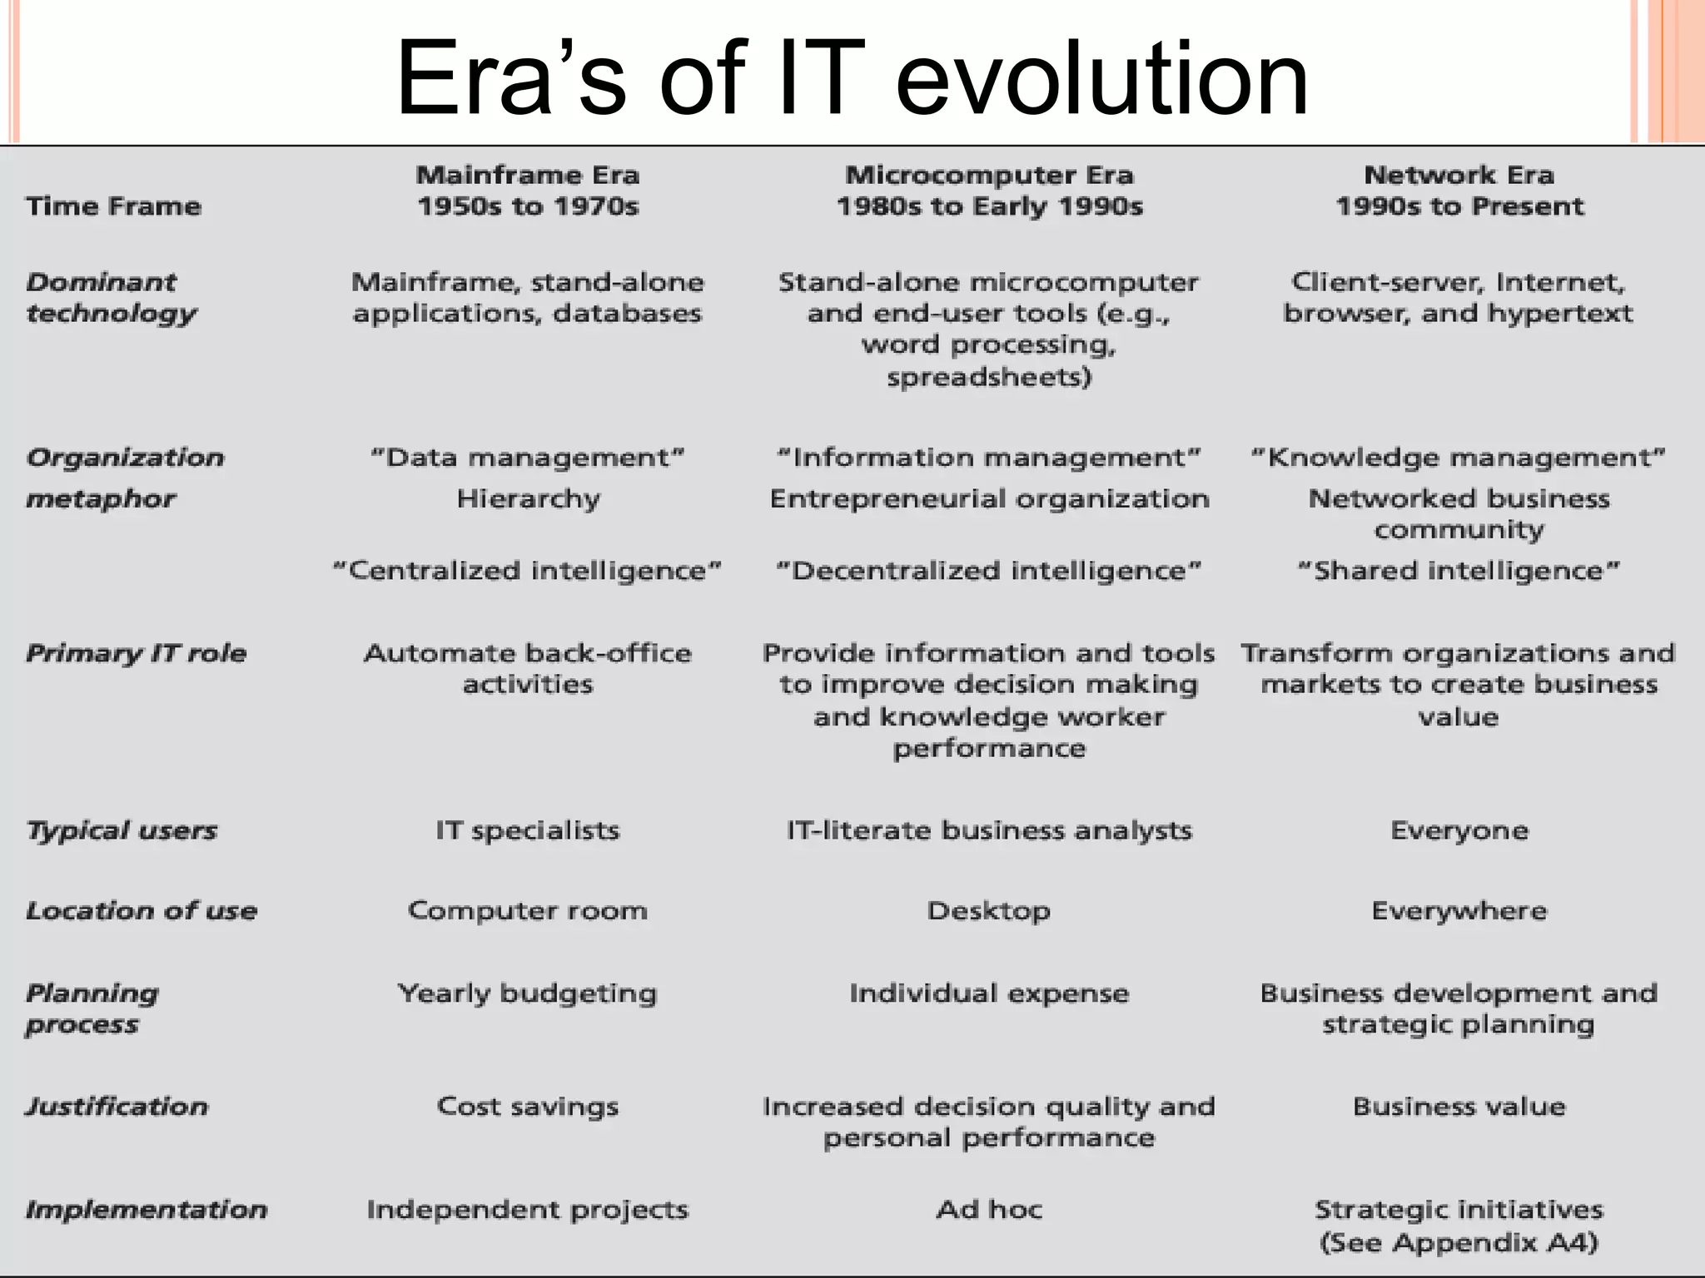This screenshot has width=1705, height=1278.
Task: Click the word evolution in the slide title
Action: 1101,79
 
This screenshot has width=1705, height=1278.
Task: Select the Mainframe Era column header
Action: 528,176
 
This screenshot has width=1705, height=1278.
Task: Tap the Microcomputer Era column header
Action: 989,176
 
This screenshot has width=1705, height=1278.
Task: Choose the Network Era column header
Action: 1459,176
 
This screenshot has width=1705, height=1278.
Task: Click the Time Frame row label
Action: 113,206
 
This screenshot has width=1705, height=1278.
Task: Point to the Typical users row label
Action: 122,830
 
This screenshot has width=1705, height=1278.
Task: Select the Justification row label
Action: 117,1107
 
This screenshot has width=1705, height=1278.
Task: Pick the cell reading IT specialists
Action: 528,830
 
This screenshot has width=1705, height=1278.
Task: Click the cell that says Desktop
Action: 988,911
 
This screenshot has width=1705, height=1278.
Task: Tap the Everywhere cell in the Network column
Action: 1459,911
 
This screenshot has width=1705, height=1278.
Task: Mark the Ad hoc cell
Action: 988,1209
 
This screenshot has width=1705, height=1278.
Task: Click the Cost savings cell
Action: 528,1107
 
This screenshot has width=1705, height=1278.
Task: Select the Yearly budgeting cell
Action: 528,993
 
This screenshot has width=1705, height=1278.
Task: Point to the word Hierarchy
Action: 528,499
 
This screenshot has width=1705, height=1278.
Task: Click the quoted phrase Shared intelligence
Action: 1459,571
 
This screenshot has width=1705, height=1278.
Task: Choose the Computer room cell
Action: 528,911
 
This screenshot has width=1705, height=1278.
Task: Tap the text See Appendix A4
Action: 1459,1243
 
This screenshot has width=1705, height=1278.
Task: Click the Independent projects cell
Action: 528,1209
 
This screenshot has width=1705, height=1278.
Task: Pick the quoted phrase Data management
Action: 528,458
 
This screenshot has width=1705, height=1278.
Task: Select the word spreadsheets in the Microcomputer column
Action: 988,378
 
